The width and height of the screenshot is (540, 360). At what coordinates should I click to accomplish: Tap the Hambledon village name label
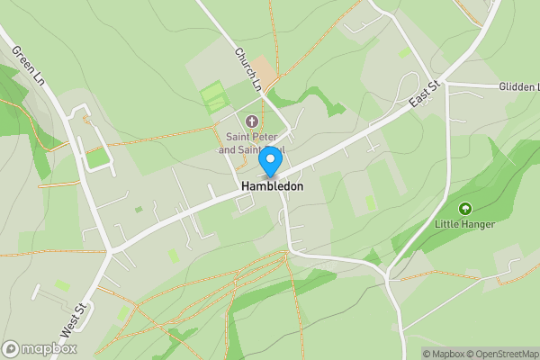point(272,186)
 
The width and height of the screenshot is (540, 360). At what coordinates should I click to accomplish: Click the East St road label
point(423,95)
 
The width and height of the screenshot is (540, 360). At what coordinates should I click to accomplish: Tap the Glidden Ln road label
point(517,86)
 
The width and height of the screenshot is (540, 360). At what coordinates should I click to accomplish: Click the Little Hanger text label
point(464,224)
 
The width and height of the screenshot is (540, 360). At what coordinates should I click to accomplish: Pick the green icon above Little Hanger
point(465,209)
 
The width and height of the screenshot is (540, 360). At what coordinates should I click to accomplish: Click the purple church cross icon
point(251,121)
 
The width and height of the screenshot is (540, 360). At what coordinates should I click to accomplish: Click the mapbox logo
point(40,348)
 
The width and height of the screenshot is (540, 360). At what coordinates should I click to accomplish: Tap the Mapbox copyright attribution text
point(443,354)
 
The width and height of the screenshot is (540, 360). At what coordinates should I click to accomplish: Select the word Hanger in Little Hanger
point(477,224)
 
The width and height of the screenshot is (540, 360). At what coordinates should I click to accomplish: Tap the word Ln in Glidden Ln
point(531,86)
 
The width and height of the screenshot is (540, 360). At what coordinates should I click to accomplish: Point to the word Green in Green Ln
point(22,55)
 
